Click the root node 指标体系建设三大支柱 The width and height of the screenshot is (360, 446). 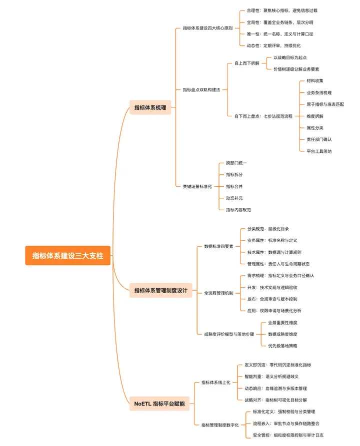click(67, 256)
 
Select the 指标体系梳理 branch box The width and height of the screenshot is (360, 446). click(150, 107)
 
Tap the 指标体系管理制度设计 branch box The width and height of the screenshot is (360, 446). click(160, 290)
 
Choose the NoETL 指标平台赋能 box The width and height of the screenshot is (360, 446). click(159, 403)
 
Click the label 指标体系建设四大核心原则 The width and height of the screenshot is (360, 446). click(207, 28)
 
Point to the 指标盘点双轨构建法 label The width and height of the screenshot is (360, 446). click(201, 89)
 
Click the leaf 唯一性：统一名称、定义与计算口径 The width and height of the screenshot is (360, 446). click(280, 34)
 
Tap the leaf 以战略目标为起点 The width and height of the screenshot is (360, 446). click(290, 57)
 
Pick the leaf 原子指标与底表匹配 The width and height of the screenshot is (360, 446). click(325, 104)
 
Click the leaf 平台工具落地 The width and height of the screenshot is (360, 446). click(319, 151)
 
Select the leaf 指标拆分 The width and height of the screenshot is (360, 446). click(234, 174)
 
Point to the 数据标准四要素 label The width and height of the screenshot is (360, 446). click(218, 246)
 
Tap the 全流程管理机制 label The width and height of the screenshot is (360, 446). click(218, 293)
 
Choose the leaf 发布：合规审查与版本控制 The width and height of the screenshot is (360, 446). click(272, 299)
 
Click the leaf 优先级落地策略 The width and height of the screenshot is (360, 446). click(282, 346)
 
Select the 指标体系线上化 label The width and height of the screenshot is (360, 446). click(215, 383)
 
